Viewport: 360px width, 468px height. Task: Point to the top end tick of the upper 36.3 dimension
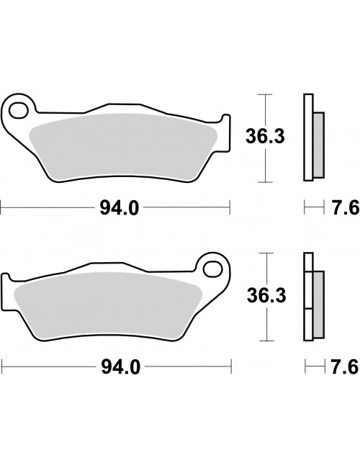click(267, 94)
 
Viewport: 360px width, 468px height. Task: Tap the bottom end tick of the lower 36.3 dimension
click(267, 338)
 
